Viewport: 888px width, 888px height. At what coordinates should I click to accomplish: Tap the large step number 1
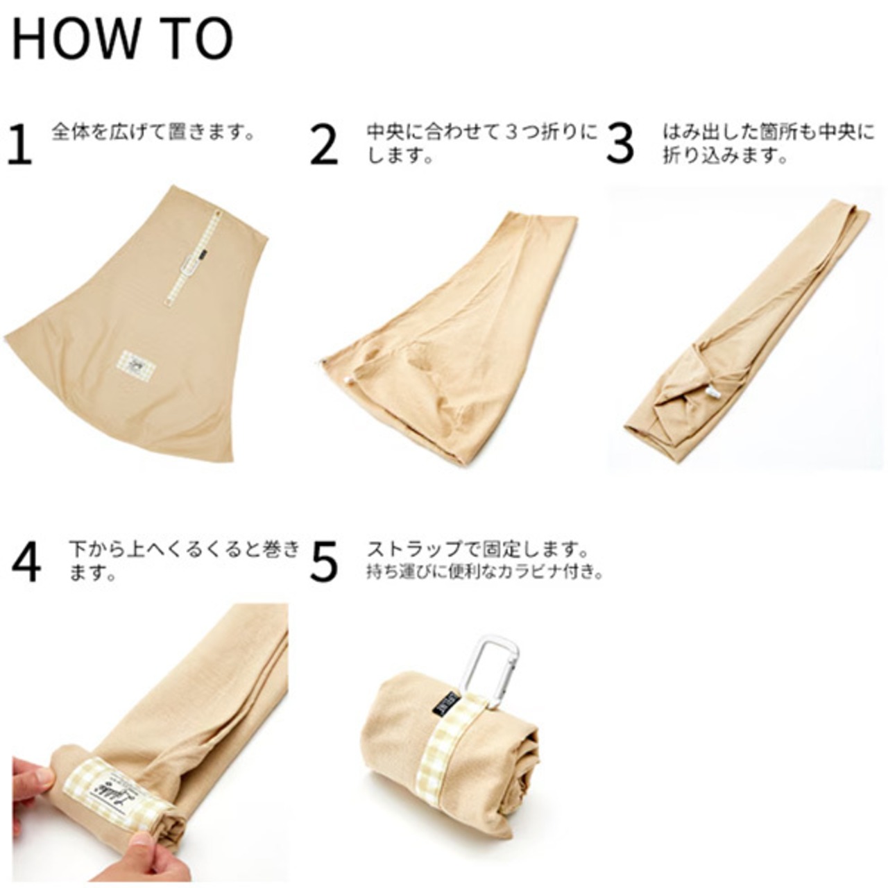pyautogui.click(x=20, y=143)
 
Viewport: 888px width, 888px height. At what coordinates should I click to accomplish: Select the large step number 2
pyautogui.click(x=323, y=143)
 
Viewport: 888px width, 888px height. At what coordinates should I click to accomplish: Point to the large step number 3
pyautogui.click(x=620, y=143)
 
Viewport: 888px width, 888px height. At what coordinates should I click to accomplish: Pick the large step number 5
pyautogui.click(x=323, y=562)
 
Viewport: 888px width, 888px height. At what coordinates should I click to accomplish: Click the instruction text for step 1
pyautogui.click(x=153, y=133)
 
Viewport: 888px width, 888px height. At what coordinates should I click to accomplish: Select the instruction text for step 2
pyautogui.click(x=481, y=144)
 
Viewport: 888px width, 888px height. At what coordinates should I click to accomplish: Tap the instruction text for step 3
pyautogui.click(x=768, y=144)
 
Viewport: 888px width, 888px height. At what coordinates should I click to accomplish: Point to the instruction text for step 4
pyautogui.click(x=185, y=561)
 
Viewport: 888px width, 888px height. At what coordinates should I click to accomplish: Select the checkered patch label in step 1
pyautogui.click(x=137, y=364)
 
